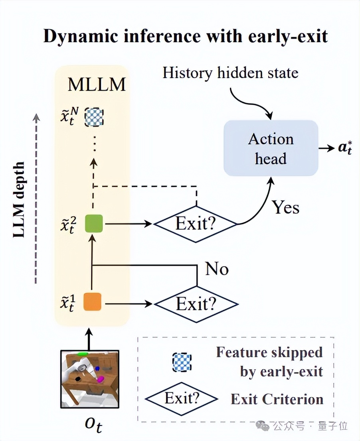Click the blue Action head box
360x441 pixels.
coord(271,148)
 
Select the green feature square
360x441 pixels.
coord(94,224)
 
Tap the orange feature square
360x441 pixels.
coord(92,301)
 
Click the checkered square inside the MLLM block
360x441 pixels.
coord(94,117)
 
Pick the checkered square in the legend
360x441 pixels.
coord(182,362)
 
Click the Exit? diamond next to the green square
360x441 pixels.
coord(196,224)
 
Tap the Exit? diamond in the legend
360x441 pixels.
coord(182,398)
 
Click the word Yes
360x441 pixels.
coord(285,207)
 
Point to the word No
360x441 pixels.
coord(217,270)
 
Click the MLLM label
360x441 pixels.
coord(97,85)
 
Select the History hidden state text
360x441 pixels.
coord(230,73)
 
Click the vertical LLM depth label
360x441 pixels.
coord(19,199)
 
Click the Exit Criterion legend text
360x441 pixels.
coord(277,399)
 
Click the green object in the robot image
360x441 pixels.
coord(83,354)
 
